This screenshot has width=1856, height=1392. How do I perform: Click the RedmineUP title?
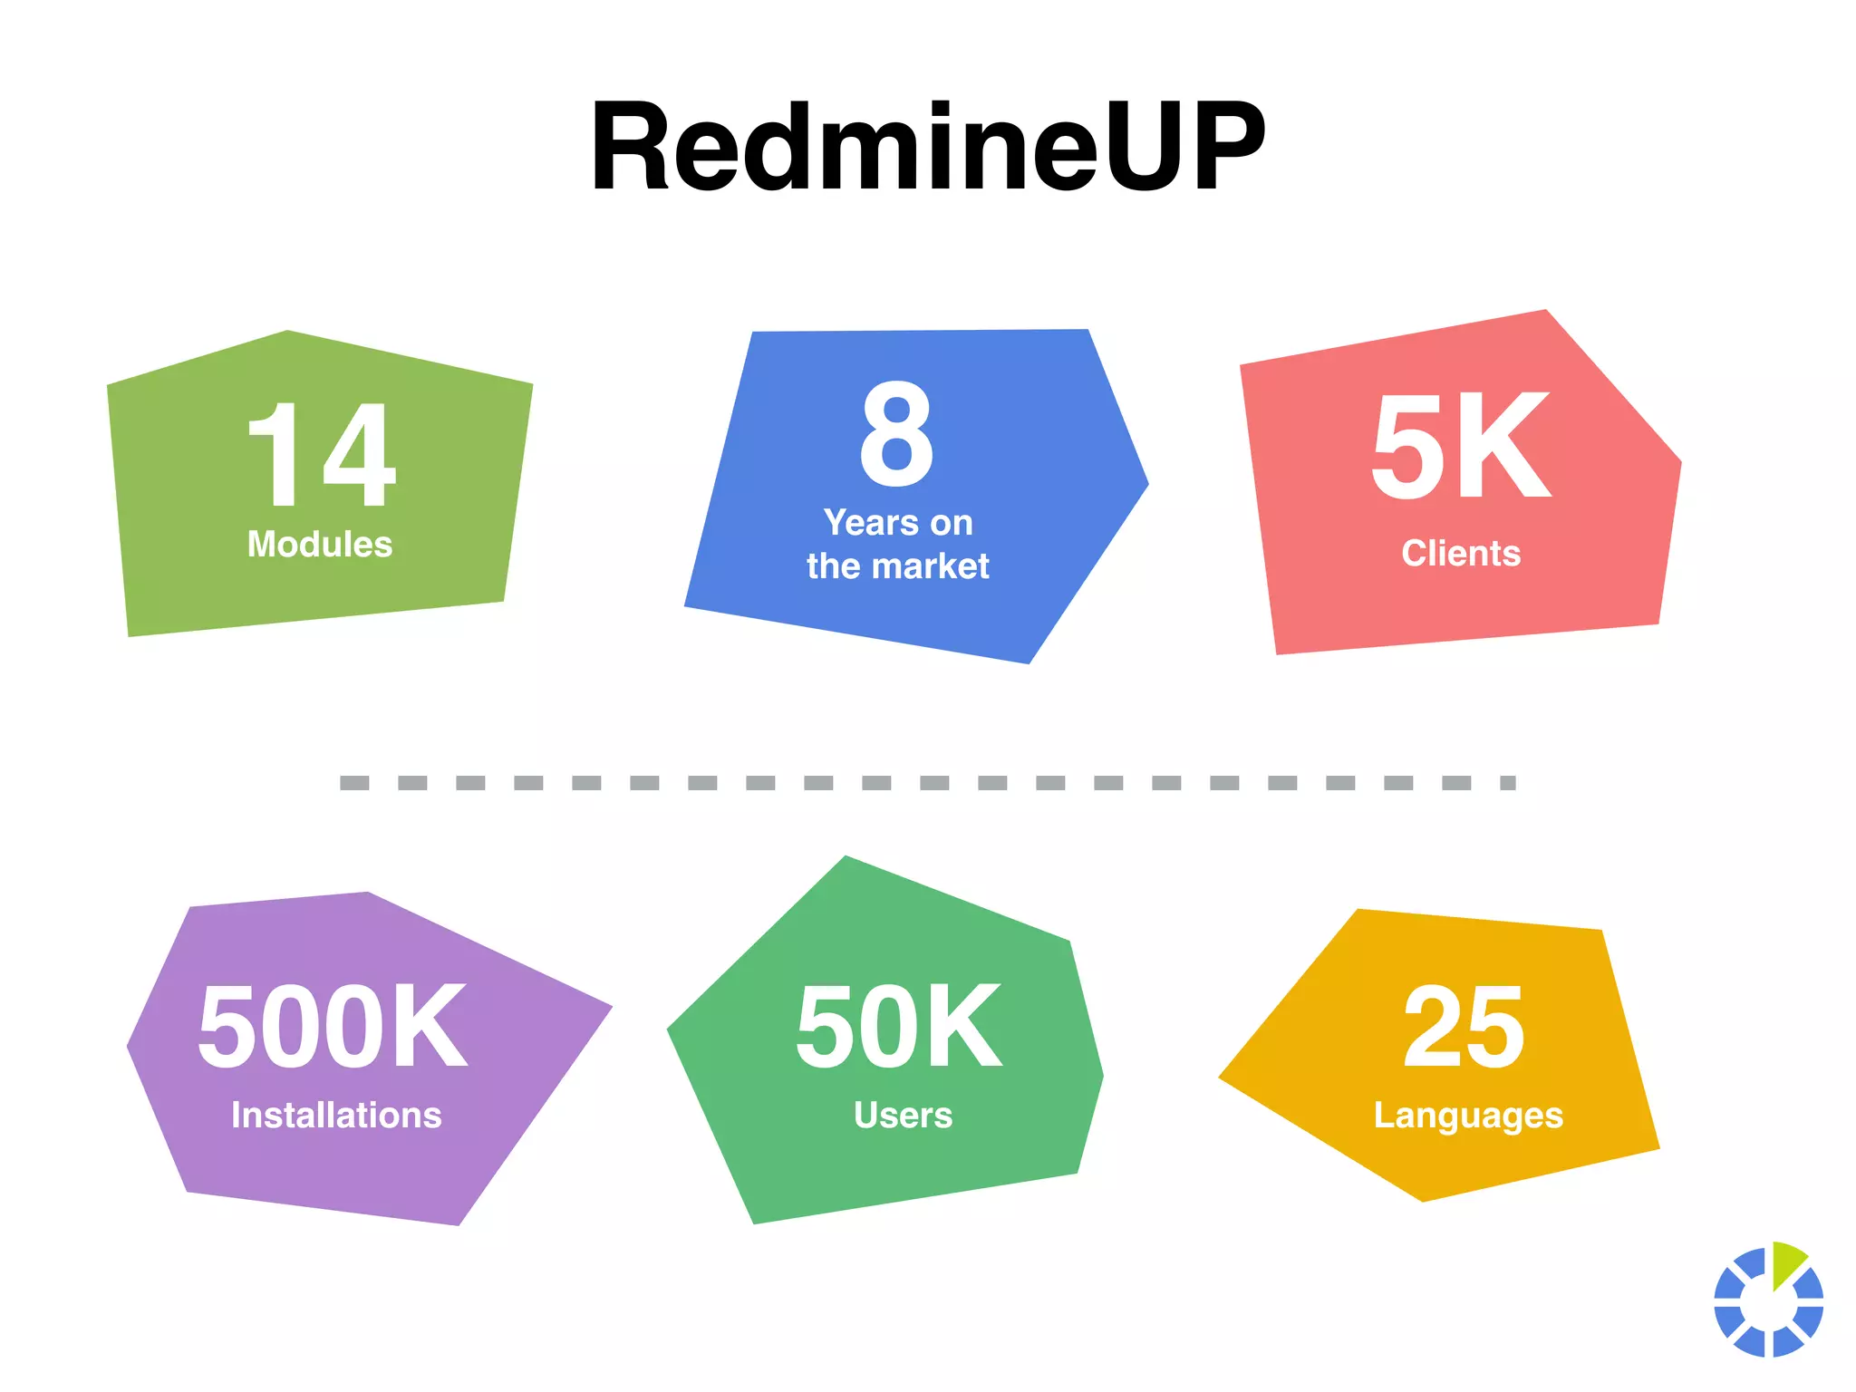tap(927, 147)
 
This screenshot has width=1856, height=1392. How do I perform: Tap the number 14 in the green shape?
tap(321, 454)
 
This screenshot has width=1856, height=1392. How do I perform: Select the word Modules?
tap(320, 545)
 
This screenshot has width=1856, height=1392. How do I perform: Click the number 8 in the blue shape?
tap(896, 434)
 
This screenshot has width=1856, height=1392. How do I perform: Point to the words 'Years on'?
tap(898, 523)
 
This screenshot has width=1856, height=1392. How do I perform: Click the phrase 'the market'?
tap(898, 566)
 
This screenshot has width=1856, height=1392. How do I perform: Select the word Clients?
tap(1461, 554)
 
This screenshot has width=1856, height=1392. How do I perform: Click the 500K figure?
tap(333, 1028)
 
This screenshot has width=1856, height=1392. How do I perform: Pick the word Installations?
tap(336, 1116)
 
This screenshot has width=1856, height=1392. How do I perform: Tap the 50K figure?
tap(899, 1028)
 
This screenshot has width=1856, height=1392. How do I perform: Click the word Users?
tap(903, 1116)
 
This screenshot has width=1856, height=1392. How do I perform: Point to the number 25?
tap(1464, 1028)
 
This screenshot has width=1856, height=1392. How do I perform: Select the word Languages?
tap(1468, 1116)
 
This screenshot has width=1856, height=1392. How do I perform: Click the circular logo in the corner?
tap(1768, 1300)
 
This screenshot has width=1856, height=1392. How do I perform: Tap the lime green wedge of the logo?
tap(1786, 1262)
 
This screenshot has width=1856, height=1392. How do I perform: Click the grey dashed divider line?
tap(927, 783)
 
